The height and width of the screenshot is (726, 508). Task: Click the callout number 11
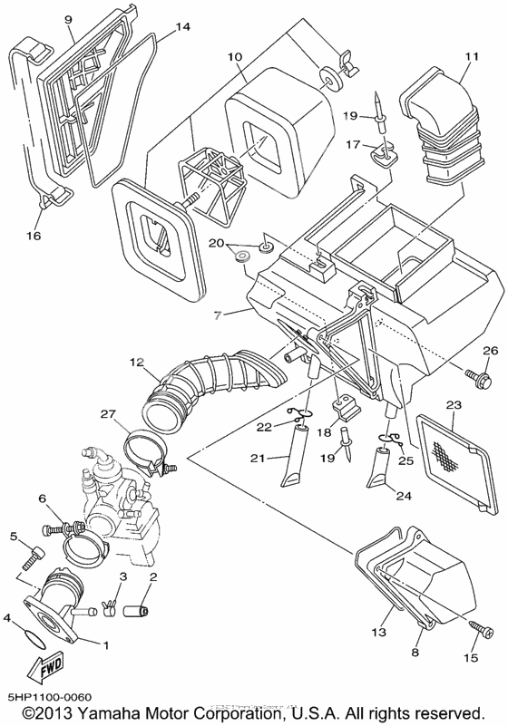(470, 56)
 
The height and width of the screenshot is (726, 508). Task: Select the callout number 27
(110, 414)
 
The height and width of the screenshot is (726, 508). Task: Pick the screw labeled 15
(478, 628)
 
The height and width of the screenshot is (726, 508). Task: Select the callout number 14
(182, 28)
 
